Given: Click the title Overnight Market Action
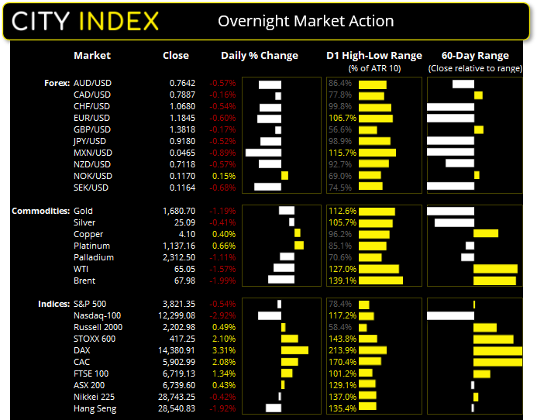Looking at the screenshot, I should click(x=305, y=21).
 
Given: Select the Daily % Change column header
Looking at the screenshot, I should click(x=259, y=56).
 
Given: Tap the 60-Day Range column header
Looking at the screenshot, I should click(x=474, y=56).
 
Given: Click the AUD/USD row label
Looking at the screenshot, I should click(x=93, y=83).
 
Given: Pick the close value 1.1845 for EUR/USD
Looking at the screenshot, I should click(x=174, y=118).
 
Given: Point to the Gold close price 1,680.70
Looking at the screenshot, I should click(x=171, y=210).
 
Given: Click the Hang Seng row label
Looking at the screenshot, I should click(x=91, y=408).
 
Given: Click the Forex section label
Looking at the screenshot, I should click(x=57, y=83).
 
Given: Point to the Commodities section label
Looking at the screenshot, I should click(x=40, y=210).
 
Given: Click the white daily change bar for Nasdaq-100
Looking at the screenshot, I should click(x=270, y=315).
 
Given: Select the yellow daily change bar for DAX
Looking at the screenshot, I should click(x=290, y=350).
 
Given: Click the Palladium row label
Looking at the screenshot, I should click(x=94, y=256).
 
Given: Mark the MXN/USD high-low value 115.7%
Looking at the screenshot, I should click(x=341, y=153).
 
